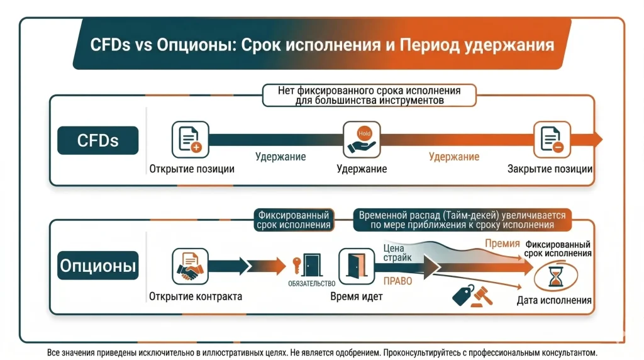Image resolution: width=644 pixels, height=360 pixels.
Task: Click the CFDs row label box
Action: click(x=97, y=140)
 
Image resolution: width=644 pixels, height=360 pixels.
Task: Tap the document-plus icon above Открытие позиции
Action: click(x=189, y=139)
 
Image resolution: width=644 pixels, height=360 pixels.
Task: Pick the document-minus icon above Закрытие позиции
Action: click(x=552, y=139)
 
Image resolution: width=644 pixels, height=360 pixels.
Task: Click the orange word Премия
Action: click(x=502, y=244)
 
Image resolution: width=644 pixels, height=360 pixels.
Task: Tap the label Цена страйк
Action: click(x=397, y=252)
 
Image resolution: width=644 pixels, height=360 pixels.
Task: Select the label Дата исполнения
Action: click(x=554, y=300)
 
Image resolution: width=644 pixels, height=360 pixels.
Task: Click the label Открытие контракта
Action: click(x=196, y=296)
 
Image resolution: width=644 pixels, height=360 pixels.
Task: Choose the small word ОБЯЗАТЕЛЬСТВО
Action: click(x=311, y=284)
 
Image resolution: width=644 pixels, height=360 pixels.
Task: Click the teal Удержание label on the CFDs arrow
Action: click(x=280, y=157)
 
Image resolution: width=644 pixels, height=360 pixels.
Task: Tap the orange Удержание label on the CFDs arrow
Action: click(x=453, y=157)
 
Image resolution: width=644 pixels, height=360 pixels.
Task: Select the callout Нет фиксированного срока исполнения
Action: click(x=369, y=95)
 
